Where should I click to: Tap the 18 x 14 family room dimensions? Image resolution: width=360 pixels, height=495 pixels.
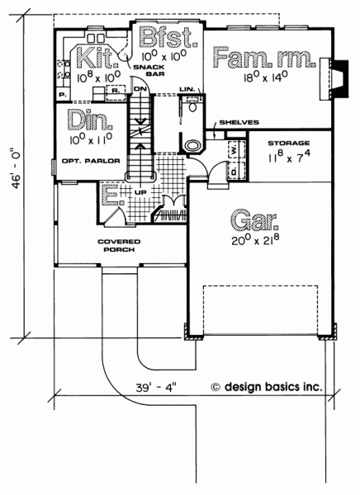point(265,77)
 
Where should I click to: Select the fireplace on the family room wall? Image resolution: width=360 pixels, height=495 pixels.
point(334,79)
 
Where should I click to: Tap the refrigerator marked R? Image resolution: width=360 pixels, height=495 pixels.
point(116,92)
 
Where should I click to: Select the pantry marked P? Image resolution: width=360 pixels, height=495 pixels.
point(63,95)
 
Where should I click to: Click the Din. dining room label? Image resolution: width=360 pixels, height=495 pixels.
point(90,120)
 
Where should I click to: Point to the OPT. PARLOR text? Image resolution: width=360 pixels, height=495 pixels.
point(91,161)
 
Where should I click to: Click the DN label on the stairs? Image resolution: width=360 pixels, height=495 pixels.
point(139,89)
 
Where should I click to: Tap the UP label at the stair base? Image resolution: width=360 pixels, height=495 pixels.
point(140,192)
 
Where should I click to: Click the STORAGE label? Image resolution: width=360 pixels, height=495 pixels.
point(289,144)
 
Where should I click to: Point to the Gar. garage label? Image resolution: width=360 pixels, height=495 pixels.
point(255,219)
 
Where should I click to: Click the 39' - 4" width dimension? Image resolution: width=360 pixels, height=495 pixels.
point(155,388)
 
